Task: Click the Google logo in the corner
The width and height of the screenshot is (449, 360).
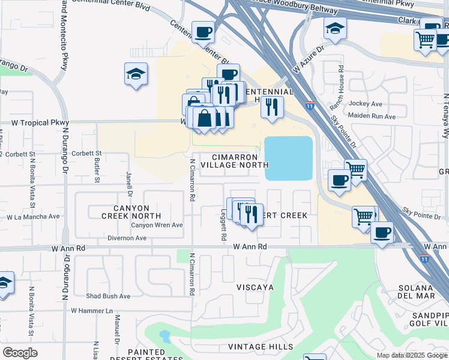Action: pos(20,352)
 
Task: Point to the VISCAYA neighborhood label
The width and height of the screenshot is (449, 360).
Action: pos(255,287)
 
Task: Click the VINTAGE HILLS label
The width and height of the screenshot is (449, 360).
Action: pos(262,347)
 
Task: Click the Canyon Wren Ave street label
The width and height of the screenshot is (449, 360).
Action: pos(157,225)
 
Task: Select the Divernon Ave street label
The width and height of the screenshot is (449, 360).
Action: pos(127,238)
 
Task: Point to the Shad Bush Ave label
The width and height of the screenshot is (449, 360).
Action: pos(108,296)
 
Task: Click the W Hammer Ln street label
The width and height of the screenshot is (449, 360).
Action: pos(92,311)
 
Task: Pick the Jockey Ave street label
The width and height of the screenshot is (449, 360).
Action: pos(366,104)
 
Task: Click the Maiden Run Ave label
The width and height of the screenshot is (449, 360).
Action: pos(370,115)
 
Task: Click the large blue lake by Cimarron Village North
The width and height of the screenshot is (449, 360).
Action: pos(289,158)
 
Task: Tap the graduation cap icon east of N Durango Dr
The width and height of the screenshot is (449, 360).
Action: pos(136,74)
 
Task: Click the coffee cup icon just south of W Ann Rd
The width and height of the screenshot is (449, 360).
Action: pos(382,232)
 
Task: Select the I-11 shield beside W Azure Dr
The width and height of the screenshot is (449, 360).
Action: pos(309,105)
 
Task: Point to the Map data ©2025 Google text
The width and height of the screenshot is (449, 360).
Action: pos(412,355)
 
